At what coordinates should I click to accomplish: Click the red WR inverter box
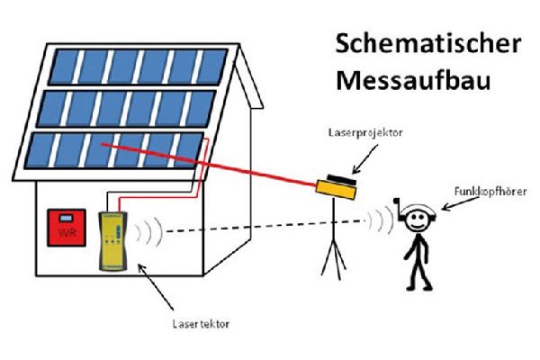coord(66,229)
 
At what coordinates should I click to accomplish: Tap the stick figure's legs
coord(415,268)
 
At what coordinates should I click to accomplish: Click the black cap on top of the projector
coord(339,176)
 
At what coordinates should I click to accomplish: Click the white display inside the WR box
coord(67,220)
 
